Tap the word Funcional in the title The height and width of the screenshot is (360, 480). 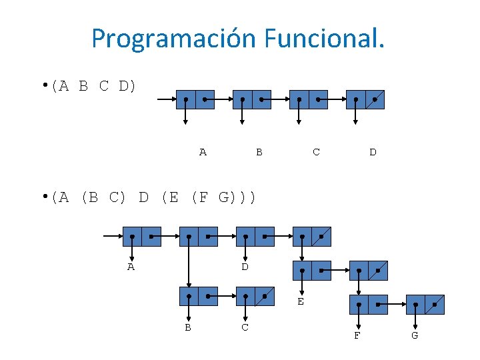click(324, 39)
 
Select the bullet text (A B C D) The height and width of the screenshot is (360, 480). click(96, 86)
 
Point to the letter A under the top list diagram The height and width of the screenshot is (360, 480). click(203, 152)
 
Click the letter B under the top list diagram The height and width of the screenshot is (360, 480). click(259, 152)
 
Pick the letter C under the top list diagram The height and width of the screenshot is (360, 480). click(316, 152)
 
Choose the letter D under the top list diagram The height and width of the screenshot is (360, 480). click(373, 152)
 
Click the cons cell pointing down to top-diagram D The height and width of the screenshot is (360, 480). click(365, 100)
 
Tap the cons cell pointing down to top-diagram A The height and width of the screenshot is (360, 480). click(195, 100)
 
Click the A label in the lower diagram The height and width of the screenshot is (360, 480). click(131, 267)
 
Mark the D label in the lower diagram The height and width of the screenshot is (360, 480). click(245, 267)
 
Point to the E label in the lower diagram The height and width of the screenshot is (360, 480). click(301, 301)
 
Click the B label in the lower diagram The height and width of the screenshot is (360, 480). click(188, 327)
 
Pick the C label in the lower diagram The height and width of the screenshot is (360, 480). click(245, 327)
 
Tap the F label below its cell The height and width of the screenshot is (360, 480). click(357, 335)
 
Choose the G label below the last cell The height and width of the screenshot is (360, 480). click(415, 335)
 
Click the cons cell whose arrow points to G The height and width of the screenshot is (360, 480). click(425, 304)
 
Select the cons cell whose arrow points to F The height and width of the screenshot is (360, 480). click(368, 304)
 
